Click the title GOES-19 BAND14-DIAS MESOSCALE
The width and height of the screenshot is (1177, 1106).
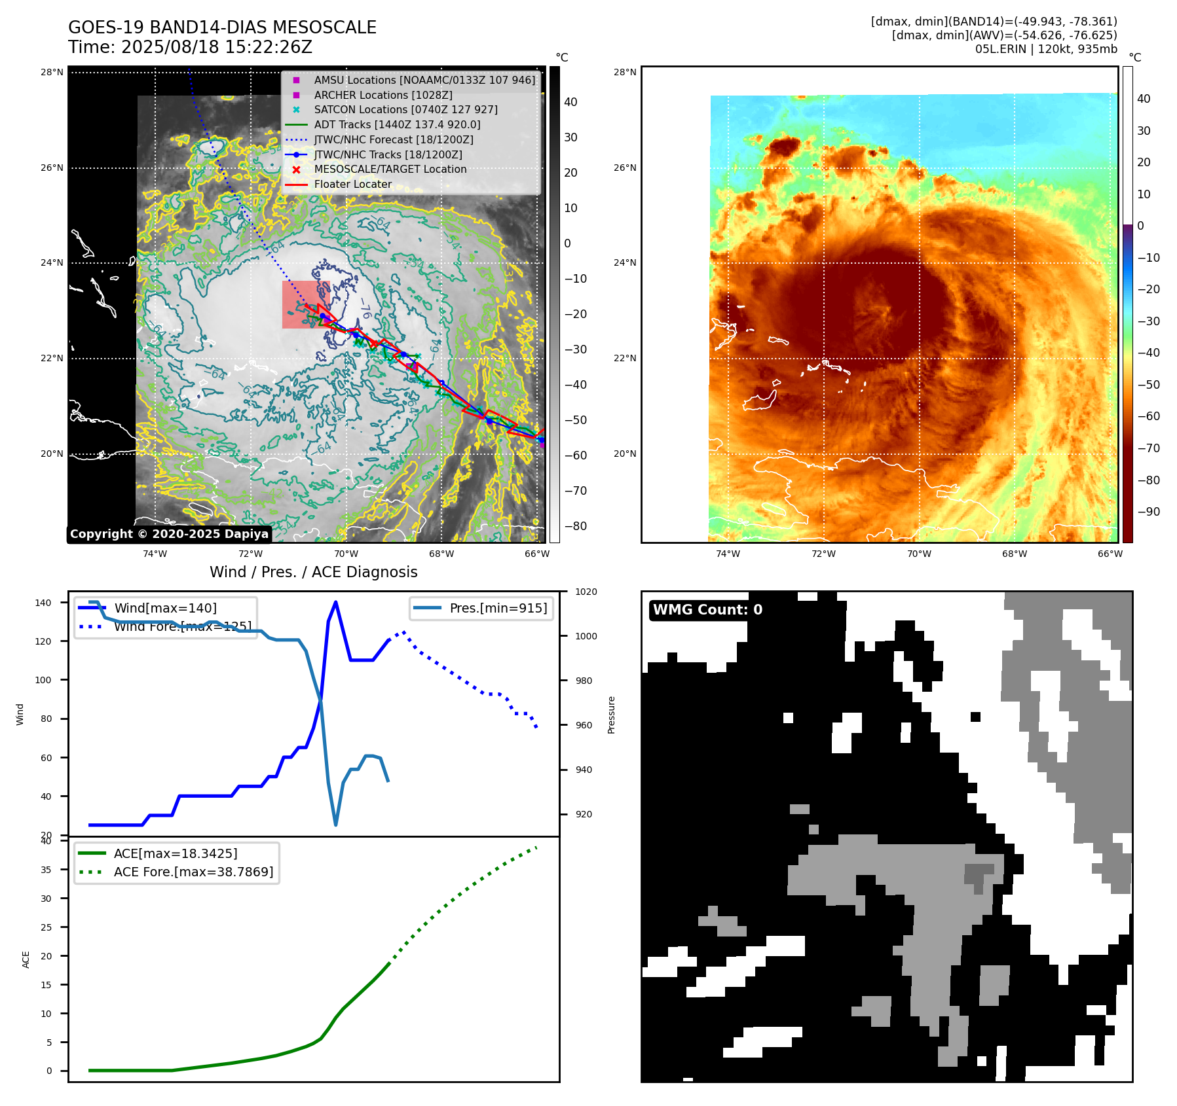[222, 27]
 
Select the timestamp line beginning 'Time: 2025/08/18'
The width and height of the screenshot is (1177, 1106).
[190, 47]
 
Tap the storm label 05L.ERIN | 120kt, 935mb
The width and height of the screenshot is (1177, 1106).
[1046, 49]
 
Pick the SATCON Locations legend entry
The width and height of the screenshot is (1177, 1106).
[405, 110]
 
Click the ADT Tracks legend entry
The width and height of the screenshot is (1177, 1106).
[397, 124]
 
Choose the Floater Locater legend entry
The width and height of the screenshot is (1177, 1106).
[352, 185]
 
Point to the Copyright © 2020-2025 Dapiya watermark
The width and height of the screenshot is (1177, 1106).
[169, 534]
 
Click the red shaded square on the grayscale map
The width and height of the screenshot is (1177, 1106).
[305, 304]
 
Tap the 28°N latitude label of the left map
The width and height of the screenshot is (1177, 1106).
[52, 72]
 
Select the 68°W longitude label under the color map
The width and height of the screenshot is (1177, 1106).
[1014, 554]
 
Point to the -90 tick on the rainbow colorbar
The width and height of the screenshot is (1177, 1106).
[1148, 512]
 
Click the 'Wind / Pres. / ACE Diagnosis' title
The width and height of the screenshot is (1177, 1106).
[313, 572]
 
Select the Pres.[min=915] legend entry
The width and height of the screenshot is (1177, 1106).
[498, 608]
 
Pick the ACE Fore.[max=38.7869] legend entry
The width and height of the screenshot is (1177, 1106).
[193, 872]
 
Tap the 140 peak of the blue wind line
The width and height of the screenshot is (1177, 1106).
[335, 602]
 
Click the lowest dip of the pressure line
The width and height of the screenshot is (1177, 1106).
[336, 825]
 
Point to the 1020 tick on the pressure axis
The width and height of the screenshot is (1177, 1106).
[586, 592]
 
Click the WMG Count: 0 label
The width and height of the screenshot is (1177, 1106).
[707, 610]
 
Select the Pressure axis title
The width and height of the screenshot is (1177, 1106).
[611, 715]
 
